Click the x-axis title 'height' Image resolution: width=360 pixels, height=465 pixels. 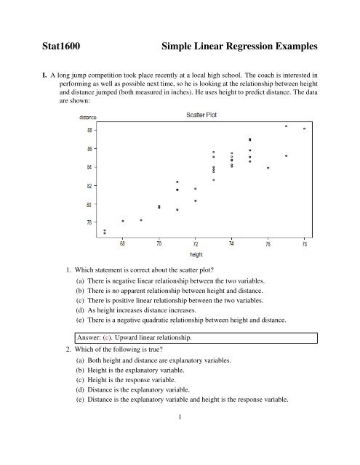pos(196,255)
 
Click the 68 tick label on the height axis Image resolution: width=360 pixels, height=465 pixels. pos(123,245)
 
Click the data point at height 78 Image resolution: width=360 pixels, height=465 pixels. pos(304,129)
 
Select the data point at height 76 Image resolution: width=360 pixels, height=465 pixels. pos(268,168)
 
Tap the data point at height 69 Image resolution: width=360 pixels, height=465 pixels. pos(141,219)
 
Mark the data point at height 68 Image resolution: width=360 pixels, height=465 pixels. pos(123,221)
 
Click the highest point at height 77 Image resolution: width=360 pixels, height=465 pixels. pos(287,126)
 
